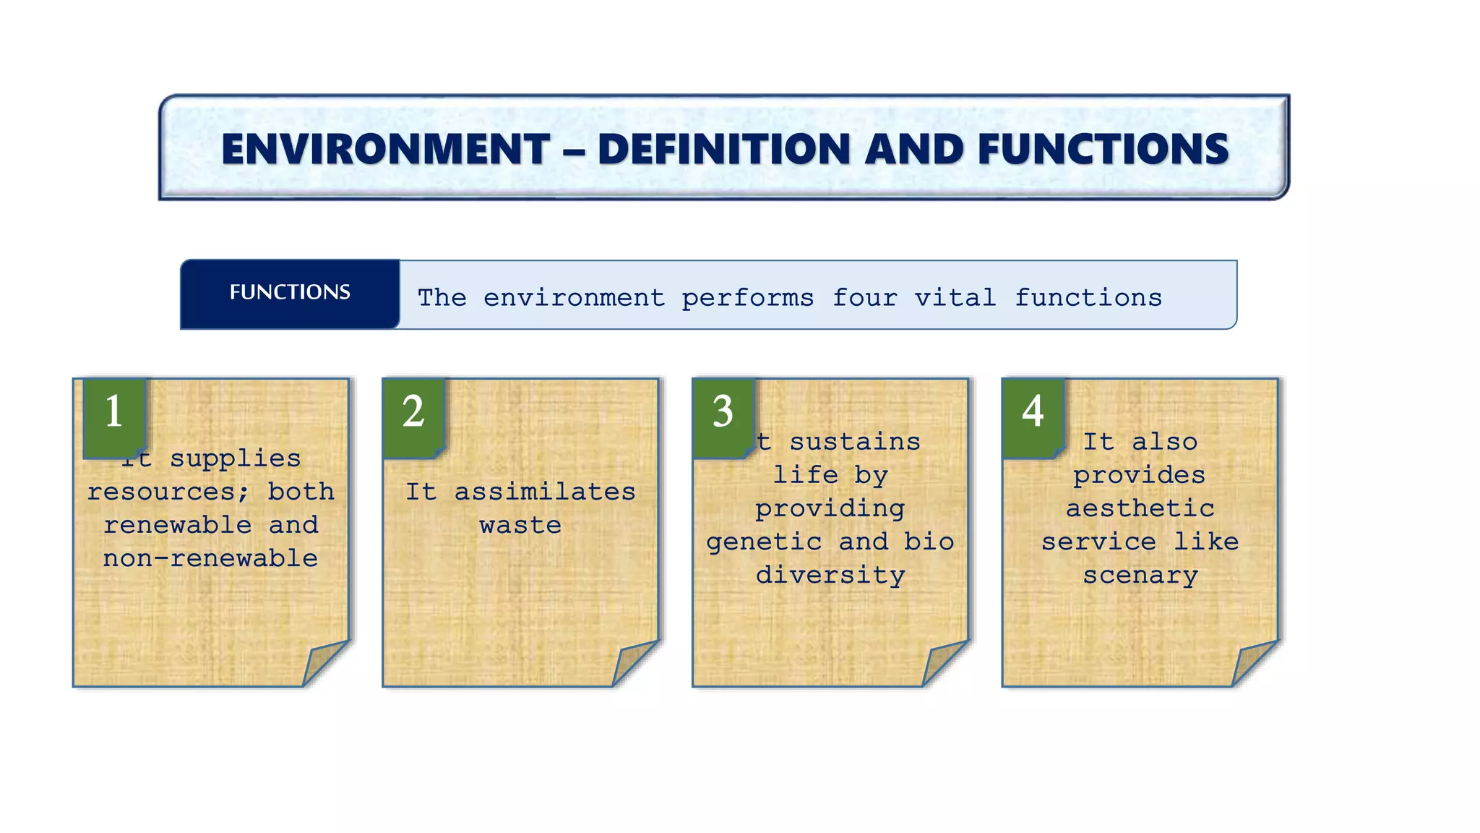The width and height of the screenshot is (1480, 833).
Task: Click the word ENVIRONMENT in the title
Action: (x=385, y=150)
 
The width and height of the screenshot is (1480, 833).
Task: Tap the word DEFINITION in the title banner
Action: (x=724, y=150)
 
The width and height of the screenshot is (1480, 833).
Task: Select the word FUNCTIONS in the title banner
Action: (x=1103, y=150)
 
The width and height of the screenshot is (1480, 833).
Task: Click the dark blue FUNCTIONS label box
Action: (x=290, y=293)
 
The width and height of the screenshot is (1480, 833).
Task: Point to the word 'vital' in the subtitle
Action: (x=955, y=298)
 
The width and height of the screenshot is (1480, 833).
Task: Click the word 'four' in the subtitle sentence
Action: (x=864, y=298)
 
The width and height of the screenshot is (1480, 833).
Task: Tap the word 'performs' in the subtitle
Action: (x=747, y=298)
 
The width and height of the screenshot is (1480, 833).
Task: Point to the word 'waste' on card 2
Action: (x=520, y=526)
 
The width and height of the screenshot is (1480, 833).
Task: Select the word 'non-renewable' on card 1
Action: (x=210, y=559)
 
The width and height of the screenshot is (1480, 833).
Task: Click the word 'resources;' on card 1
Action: (x=168, y=492)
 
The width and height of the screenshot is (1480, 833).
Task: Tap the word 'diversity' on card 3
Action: (x=830, y=576)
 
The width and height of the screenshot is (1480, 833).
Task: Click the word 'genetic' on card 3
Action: (x=764, y=542)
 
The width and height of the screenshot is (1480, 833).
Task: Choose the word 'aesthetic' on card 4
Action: (x=1140, y=509)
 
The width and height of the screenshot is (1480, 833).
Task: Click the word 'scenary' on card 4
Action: (x=1140, y=576)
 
